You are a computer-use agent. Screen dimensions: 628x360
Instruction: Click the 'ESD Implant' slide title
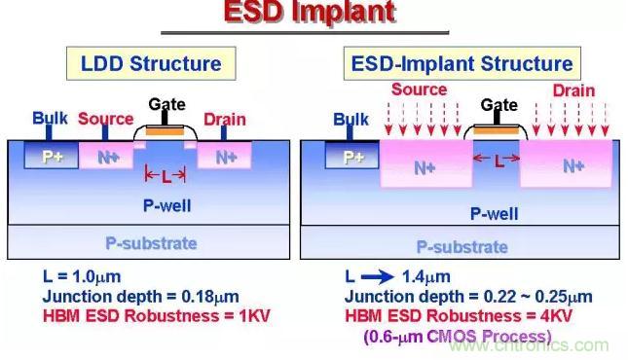click(310, 12)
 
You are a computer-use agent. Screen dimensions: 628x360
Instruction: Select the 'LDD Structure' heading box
click(151, 63)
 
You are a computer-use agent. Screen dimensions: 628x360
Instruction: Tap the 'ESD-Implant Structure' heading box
click(462, 63)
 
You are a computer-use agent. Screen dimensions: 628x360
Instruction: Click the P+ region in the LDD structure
click(52, 156)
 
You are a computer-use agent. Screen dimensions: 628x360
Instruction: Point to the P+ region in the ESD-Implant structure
click(352, 156)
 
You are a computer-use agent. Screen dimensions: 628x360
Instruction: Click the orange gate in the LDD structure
click(165, 131)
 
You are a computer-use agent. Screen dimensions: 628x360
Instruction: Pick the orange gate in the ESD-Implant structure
click(496, 130)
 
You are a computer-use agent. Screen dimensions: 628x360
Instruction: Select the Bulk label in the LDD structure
click(50, 118)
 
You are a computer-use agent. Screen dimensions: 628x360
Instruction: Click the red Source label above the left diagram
click(106, 119)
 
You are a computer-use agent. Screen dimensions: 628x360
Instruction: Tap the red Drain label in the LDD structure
click(225, 120)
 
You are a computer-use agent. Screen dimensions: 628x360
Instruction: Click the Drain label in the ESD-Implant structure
click(573, 90)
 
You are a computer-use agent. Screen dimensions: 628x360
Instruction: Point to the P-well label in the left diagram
click(167, 206)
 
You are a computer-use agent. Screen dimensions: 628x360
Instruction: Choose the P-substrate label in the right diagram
click(462, 247)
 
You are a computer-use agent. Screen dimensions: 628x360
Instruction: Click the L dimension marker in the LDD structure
click(166, 175)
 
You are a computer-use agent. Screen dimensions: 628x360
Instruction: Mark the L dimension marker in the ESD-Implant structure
click(497, 160)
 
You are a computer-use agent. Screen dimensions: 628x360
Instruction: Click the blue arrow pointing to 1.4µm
click(377, 276)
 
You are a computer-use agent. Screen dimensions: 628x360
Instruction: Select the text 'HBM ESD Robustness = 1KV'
click(157, 315)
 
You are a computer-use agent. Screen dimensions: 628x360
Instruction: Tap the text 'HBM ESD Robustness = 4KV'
click(459, 315)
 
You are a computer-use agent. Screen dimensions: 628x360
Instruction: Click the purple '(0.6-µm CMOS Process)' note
click(458, 336)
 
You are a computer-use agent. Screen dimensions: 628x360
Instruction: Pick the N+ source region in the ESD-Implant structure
click(426, 163)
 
